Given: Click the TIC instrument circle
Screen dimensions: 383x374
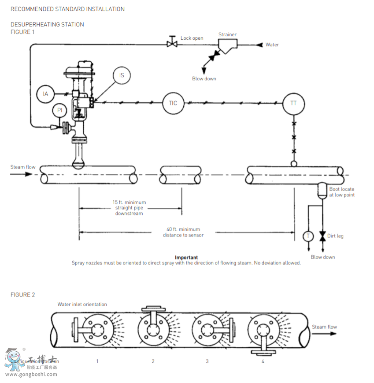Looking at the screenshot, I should tap(173, 103).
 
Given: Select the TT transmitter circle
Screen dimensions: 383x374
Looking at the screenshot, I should tap(293, 103).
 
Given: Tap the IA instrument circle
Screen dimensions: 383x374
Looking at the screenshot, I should tap(45, 94).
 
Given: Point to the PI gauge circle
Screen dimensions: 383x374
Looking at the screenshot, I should tap(60, 110).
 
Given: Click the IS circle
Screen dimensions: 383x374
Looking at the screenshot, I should tap(122, 75).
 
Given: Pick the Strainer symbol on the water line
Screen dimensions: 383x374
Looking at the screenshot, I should tap(227, 45).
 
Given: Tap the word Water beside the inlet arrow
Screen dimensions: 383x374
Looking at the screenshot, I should tap(272, 45).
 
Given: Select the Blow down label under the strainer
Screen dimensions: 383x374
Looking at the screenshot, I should tap(204, 79).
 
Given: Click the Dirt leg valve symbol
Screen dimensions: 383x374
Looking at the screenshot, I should tap(322, 236).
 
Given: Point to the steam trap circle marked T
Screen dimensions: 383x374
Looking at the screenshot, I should tap(308, 236).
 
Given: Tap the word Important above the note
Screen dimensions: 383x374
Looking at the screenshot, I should tap(186, 258).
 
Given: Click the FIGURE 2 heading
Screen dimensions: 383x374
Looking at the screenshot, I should tap(22, 295).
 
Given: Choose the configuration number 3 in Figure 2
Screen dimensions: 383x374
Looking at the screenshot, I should tap(207, 361).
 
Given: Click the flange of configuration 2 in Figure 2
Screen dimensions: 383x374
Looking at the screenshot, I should tap(152, 329).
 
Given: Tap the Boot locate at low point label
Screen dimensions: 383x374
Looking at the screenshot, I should tap(341, 192).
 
